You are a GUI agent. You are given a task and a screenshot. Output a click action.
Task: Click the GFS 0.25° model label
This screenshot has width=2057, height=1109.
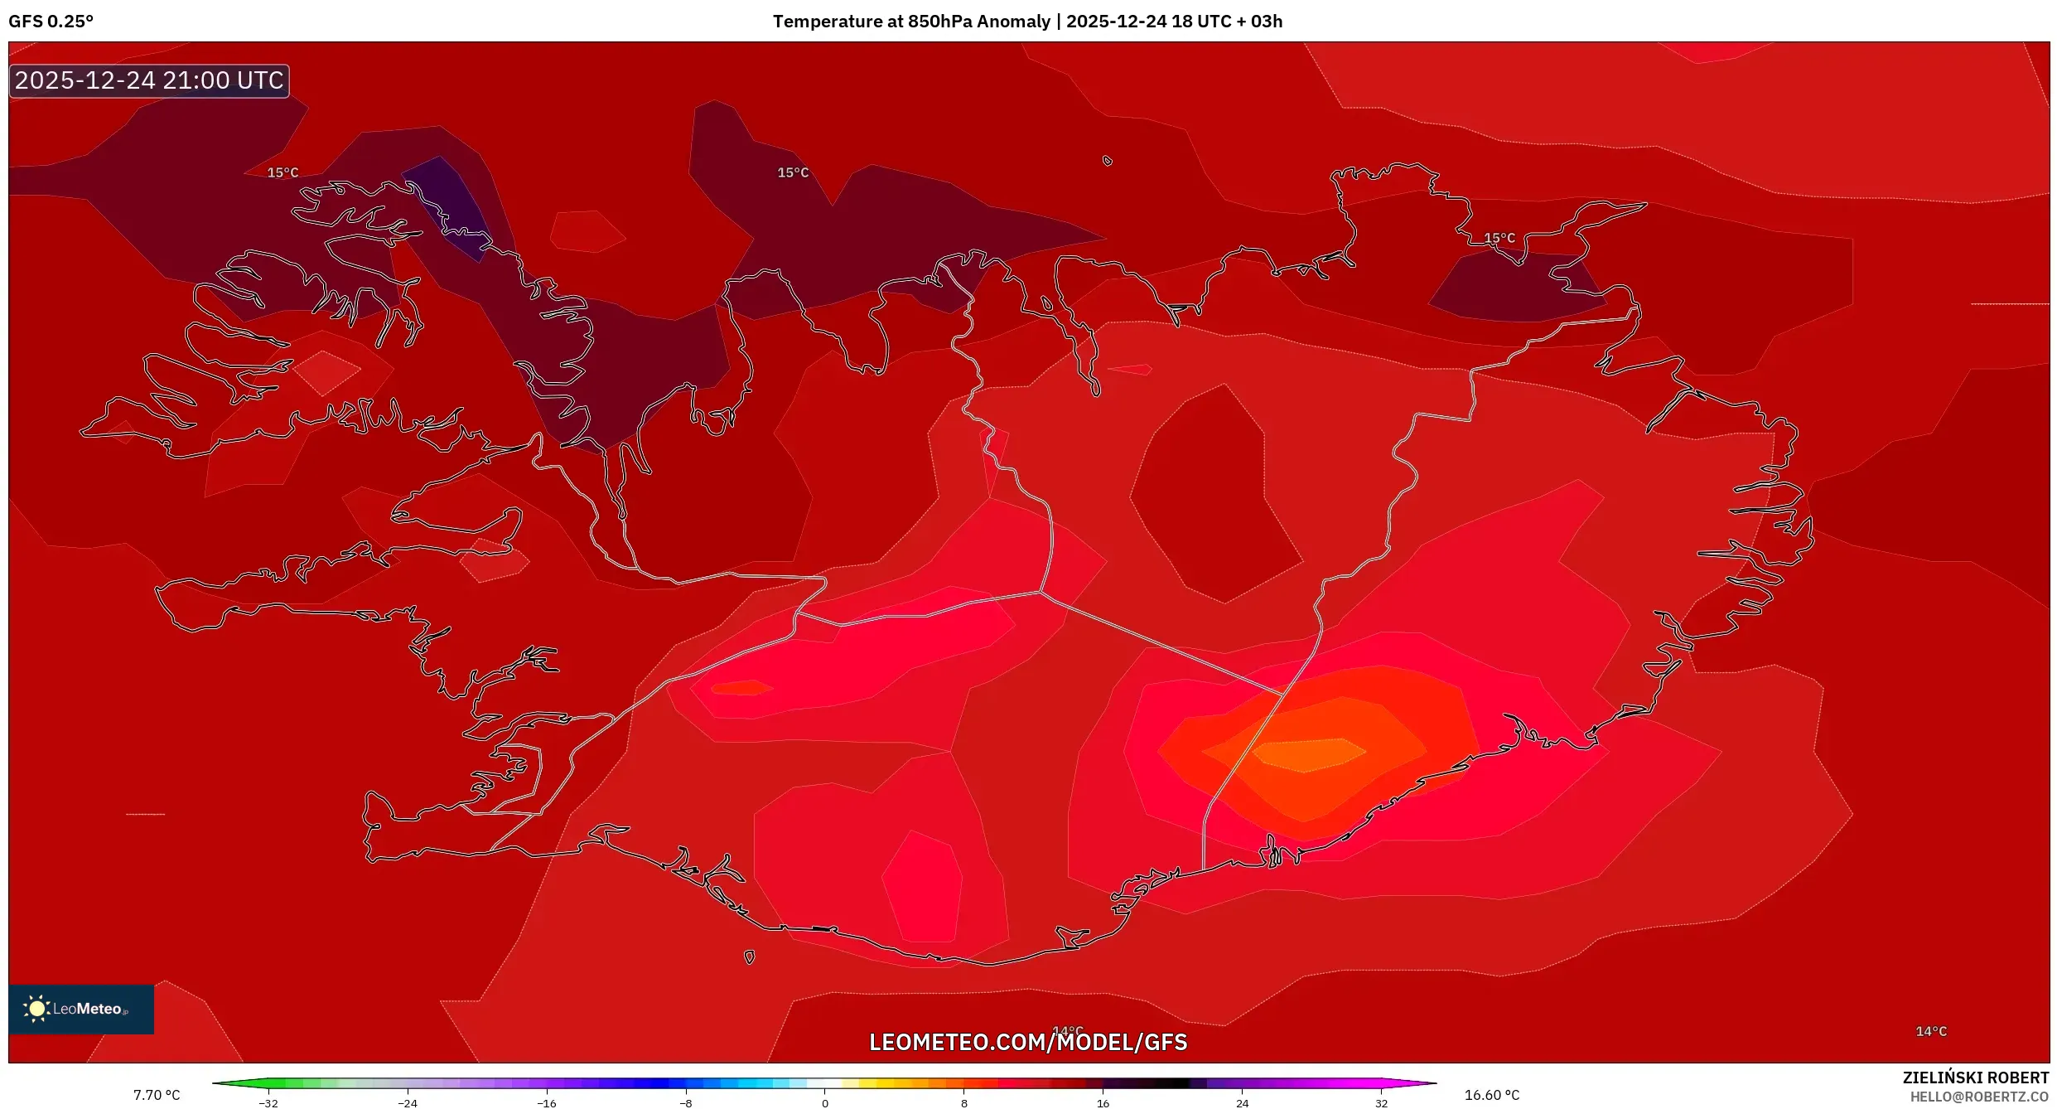click(51, 22)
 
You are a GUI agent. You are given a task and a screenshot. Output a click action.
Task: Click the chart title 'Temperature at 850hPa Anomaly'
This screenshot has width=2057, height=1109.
click(911, 22)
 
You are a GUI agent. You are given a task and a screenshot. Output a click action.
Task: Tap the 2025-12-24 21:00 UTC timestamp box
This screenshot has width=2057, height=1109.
click(149, 80)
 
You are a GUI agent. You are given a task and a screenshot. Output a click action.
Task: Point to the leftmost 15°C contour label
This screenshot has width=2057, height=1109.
click(282, 172)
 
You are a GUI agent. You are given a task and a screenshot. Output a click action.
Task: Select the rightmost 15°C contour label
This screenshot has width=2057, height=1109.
click(1499, 238)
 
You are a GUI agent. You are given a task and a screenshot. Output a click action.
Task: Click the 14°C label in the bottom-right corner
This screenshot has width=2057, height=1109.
click(1930, 1031)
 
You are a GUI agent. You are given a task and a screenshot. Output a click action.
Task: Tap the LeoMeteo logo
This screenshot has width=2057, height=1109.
click(80, 1009)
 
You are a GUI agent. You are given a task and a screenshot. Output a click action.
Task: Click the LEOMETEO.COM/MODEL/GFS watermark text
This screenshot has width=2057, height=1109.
click(1027, 1042)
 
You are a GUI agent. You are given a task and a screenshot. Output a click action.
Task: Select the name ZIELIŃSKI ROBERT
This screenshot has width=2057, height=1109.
click(1975, 1078)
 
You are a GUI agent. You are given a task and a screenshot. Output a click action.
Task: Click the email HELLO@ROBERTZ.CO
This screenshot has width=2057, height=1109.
click(1979, 1097)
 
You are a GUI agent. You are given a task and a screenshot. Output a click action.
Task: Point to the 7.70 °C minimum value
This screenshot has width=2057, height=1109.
click(157, 1095)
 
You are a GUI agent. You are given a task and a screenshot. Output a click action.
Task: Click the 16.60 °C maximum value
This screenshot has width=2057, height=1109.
click(1491, 1095)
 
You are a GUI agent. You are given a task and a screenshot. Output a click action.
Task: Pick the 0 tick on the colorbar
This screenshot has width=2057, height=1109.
click(824, 1103)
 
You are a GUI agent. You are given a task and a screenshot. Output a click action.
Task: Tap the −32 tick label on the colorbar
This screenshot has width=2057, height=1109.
click(268, 1103)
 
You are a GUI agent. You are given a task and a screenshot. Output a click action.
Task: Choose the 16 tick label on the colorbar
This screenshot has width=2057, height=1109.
click(1103, 1103)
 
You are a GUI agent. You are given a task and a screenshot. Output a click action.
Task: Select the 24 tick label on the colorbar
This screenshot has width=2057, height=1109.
click(1242, 1103)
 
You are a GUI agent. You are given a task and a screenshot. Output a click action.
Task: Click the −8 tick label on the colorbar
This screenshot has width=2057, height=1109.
click(685, 1103)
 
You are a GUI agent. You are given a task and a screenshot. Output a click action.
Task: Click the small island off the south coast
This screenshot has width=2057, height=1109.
click(749, 957)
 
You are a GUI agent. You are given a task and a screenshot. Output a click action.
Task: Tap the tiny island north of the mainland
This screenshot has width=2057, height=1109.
click(1107, 161)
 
